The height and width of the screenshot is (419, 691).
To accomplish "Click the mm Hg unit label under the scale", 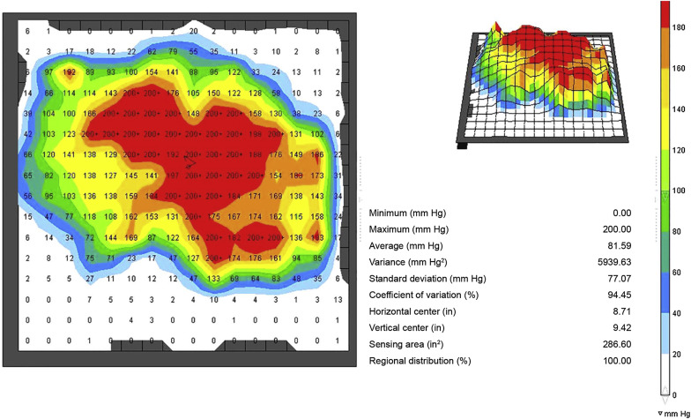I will point(674,412).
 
